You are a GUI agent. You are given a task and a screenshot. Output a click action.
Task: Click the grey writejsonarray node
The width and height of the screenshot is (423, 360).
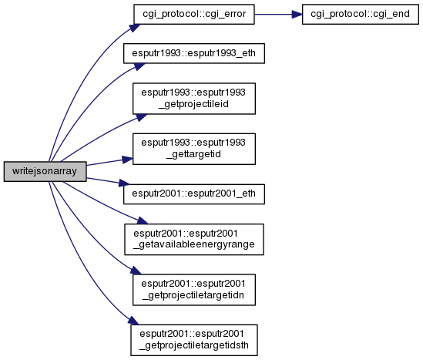click(x=45, y=171)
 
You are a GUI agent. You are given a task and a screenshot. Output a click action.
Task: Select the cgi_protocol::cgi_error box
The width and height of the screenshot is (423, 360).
click(x=194, y=14)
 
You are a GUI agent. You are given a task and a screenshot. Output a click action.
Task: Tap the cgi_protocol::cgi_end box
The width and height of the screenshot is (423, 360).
click(x=360, y=14)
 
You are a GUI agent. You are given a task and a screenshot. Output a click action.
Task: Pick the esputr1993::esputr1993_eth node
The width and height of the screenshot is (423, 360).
click(x=194, y=53)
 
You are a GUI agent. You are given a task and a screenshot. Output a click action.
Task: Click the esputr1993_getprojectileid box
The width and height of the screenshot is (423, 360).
click(x=194, y=99)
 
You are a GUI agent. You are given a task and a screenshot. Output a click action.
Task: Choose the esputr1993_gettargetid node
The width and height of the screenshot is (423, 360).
click(x=194, y=149)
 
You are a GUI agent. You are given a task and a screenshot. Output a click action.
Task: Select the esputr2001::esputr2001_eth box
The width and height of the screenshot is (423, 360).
click(x=194, y=194)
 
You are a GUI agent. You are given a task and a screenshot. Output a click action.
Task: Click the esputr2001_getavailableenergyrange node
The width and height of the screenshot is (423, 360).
click(x=194, y=239)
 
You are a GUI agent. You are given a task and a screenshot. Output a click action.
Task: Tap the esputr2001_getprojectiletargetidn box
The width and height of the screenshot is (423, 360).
click(x=194, y=290)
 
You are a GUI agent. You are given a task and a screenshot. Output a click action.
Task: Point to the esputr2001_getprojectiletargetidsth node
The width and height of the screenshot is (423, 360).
click(x=194, y=340)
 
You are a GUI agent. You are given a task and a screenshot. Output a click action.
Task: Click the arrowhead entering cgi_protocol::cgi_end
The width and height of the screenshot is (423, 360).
click(x=297, y=15)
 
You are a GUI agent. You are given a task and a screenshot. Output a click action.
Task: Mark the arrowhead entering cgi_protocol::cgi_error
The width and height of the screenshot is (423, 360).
click(x=135, y=28)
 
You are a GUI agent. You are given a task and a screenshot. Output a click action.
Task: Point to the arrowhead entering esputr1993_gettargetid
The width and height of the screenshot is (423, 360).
click(x=128, y=160)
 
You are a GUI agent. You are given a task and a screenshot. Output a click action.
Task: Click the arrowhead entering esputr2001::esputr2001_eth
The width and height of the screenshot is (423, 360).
click(x=125, y=183)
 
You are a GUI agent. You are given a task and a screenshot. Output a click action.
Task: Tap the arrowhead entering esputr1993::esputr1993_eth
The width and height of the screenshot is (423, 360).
click(x=139, y=66)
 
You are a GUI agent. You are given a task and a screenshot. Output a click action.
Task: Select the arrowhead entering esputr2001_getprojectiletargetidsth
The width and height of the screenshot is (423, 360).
click(x=133, y=321)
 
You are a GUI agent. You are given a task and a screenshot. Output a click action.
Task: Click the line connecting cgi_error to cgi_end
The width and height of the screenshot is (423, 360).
click(x=274, y=15)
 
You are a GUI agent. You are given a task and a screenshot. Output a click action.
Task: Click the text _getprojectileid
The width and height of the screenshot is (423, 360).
click(x=193, y=104)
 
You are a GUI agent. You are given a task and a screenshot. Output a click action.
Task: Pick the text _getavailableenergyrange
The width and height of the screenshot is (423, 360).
click(x=194, y=245)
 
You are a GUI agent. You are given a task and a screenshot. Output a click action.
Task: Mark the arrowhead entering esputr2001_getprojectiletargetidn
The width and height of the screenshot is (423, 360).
click(x=136, y=271)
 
